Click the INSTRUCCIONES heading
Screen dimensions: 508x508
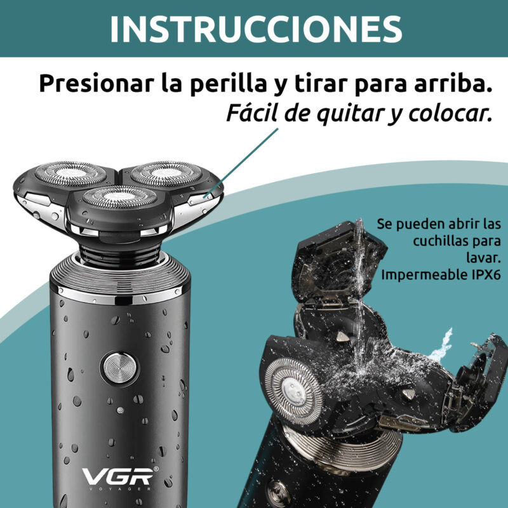click(256, 29)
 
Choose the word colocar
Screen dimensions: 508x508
click(450, 114)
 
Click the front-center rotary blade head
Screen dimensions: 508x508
click(119, 197)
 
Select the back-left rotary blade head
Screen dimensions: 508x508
click(70, 173)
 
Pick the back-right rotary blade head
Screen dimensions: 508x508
click(166, 173)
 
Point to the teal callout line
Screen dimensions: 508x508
click(241, 163)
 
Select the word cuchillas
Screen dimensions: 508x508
click(438, 241)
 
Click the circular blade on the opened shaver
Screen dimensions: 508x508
click(293, 391)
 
